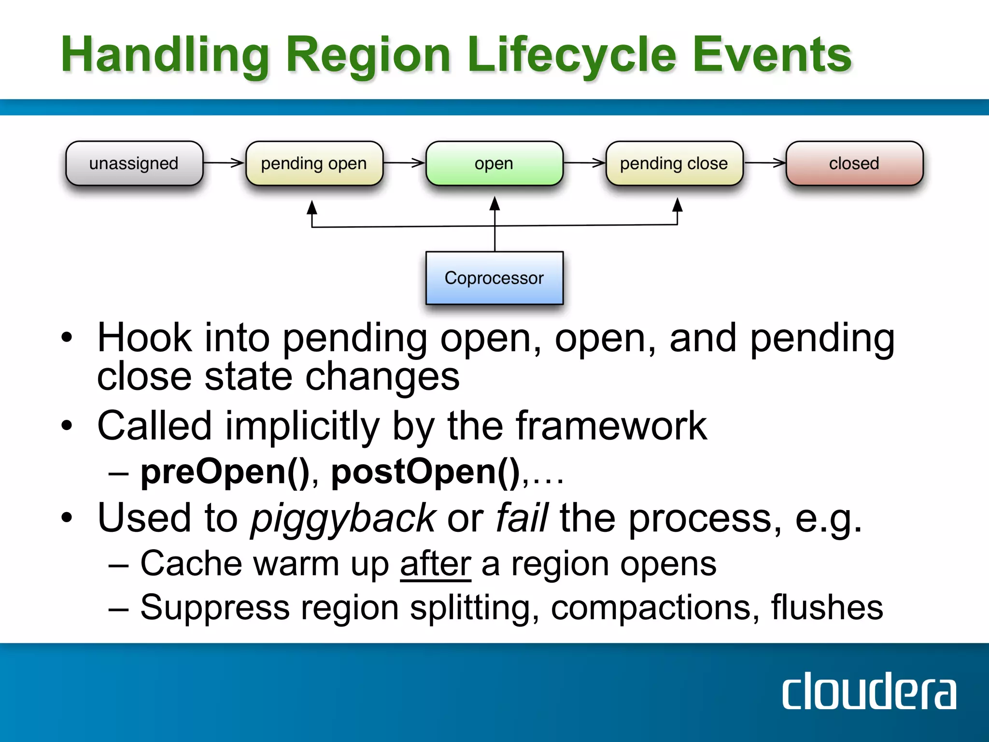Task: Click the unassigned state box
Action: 134,163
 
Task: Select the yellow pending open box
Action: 314,163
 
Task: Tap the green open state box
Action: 494,163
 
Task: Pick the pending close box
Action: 674,163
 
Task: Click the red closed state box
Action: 854,163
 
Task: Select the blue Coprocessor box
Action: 494,278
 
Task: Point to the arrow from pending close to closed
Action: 764,163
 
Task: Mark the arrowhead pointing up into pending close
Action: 678,205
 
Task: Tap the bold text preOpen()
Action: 225,472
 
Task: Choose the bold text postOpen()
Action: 425,472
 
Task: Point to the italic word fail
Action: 522,518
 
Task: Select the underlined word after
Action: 435,564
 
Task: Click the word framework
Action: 611,426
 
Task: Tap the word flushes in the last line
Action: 827,608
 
